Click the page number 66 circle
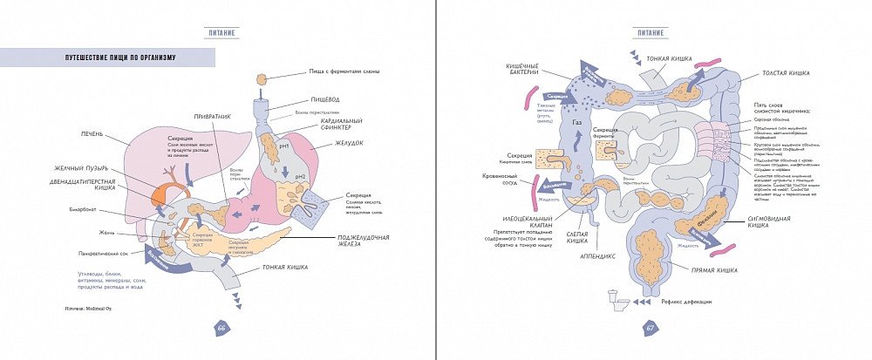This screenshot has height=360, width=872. pos(221,328)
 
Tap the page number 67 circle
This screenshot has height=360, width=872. pos(651,328)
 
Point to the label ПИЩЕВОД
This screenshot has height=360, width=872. pos(325,100)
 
